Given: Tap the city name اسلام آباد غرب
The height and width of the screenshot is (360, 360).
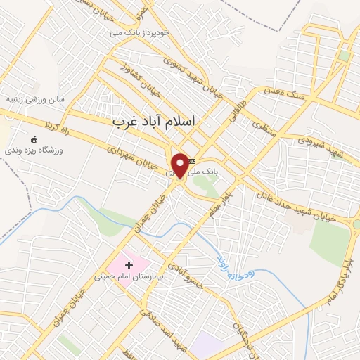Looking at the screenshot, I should pos(154,121).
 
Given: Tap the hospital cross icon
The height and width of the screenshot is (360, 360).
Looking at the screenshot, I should pos(129,265).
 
